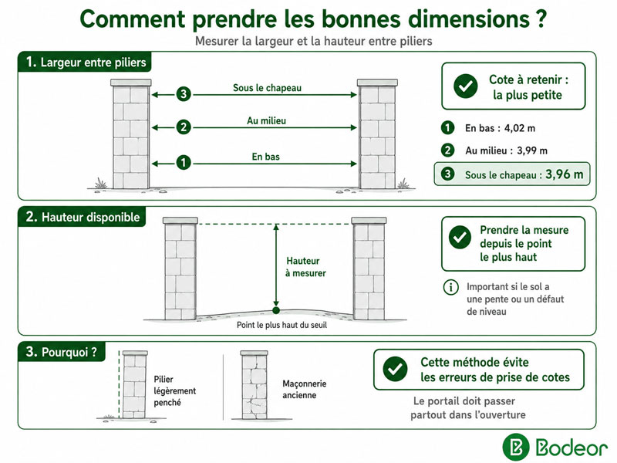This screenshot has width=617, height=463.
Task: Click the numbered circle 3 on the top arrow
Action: click(184, 94)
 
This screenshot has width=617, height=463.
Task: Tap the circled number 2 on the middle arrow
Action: click(184, 127)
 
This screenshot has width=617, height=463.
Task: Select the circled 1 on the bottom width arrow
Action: click(184, 162)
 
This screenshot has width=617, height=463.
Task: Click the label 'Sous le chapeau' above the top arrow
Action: click(267, 88)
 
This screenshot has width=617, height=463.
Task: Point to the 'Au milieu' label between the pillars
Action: click(266, 120)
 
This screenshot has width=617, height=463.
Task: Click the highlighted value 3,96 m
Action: click(565, 174)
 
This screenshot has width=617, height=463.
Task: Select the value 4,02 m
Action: click(520, 128)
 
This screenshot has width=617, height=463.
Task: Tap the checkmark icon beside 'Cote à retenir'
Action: click(466, 86)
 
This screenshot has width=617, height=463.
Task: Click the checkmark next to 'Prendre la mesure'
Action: click(460, 237)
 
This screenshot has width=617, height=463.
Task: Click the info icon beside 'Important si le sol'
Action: click(451, 287)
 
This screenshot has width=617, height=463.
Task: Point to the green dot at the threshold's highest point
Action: click(276, 310)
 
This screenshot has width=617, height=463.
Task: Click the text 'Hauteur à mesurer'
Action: click(305, 267)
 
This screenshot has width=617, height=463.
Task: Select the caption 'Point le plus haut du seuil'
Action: click(282, 325)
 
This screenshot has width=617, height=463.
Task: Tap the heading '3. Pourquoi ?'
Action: click(62, 351)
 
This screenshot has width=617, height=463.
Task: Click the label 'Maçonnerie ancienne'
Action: click(304, 389)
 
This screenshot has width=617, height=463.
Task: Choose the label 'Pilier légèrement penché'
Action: click(175, 390)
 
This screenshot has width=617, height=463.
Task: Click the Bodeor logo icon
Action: click(516, 448)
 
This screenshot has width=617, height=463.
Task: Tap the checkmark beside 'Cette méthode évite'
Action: click(395, 369)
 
